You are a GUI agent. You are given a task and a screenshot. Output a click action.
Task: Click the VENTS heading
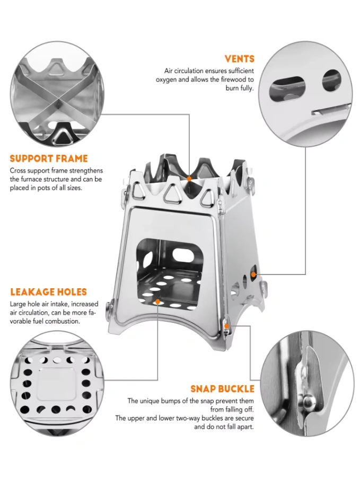click(239, 59)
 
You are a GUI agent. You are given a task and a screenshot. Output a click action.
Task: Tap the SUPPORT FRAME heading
click(49, 158)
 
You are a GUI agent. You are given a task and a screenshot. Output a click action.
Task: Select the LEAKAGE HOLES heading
click(49, 292)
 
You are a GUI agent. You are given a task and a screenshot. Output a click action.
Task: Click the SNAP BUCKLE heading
click(223, 389)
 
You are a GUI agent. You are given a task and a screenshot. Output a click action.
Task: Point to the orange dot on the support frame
click(189, 179)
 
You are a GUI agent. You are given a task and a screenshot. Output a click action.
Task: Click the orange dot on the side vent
click(253, 274)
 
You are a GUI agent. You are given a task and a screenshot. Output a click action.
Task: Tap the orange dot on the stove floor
click(157, 302)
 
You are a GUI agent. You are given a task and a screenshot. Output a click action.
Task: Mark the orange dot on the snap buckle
click(226, 326)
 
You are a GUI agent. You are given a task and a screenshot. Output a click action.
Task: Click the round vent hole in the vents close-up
click(331, 81)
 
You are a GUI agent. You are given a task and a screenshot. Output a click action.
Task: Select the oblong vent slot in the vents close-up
click(287, 88)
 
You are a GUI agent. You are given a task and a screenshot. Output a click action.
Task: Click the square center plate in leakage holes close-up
click(57, 384)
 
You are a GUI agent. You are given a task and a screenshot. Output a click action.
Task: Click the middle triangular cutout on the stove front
click(173, 194)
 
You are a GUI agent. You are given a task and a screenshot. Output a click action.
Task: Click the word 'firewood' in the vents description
click(234, 79)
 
